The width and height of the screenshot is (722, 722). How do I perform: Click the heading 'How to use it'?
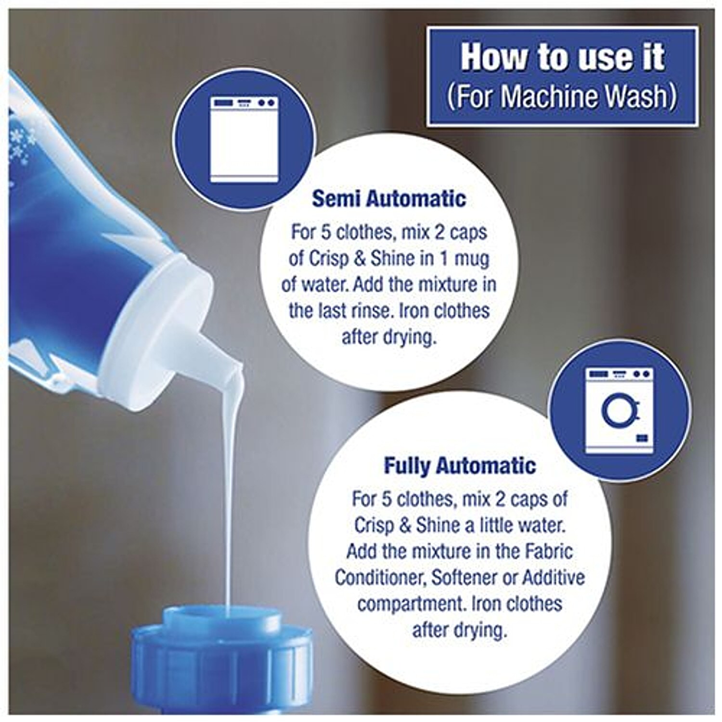coord(562,57)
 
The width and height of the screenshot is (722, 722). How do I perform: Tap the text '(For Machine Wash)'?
coord(562,96)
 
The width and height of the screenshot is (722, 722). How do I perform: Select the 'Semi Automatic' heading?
coord(389,199)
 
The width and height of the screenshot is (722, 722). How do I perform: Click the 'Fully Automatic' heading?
coord(460,465)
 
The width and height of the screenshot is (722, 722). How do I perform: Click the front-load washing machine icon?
coord(620,411)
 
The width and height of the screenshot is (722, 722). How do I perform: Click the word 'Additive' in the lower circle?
coord(554,577)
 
